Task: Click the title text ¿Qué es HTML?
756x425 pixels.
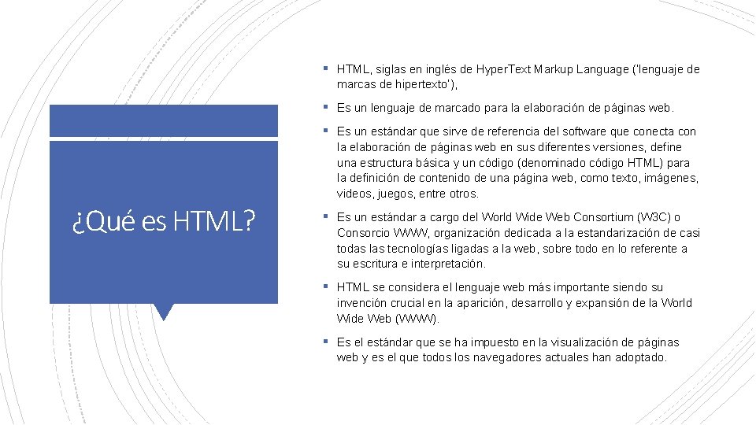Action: pyautogui.click(x=163, y=223)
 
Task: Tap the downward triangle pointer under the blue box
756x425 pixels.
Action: pyautogui.click(x=164, y=312)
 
